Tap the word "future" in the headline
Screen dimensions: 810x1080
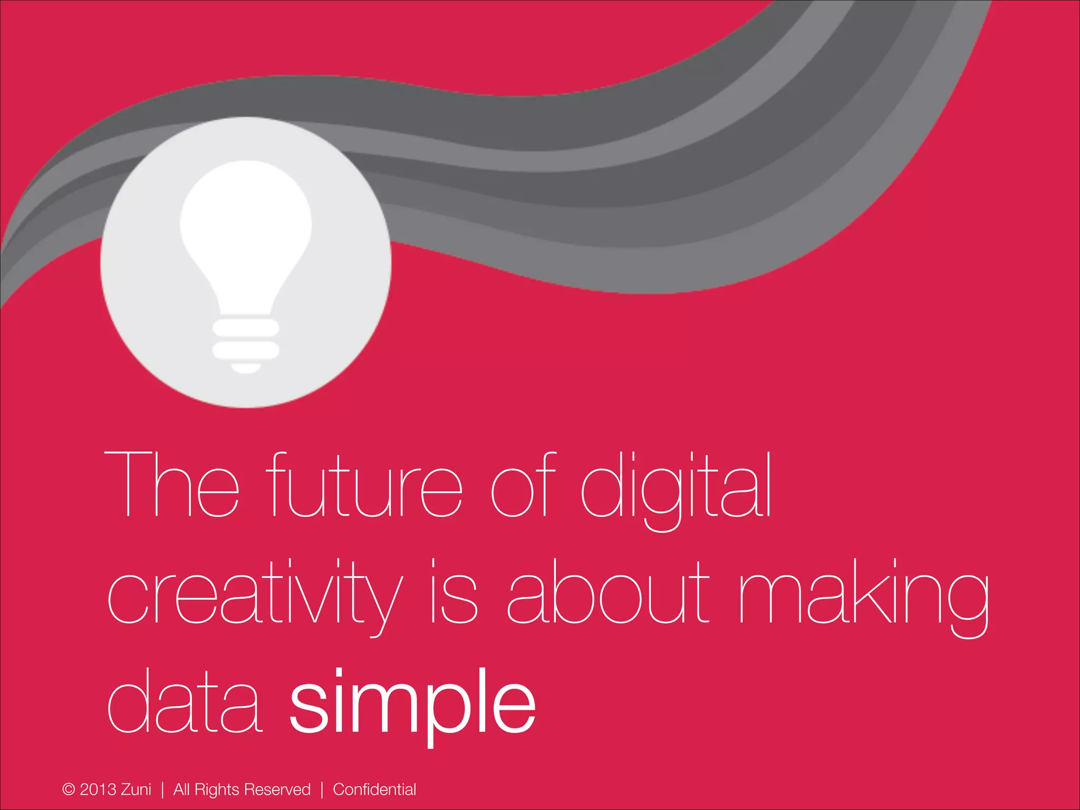[364, 485]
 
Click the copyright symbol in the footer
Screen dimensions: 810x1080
[69, 789]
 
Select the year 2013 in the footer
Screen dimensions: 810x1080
[98, 789]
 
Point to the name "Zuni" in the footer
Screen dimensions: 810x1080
[136, 789]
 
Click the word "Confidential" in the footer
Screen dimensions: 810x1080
[374, 789]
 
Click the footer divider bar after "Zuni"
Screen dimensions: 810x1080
[162, 789]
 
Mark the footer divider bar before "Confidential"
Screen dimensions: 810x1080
[322, 789]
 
